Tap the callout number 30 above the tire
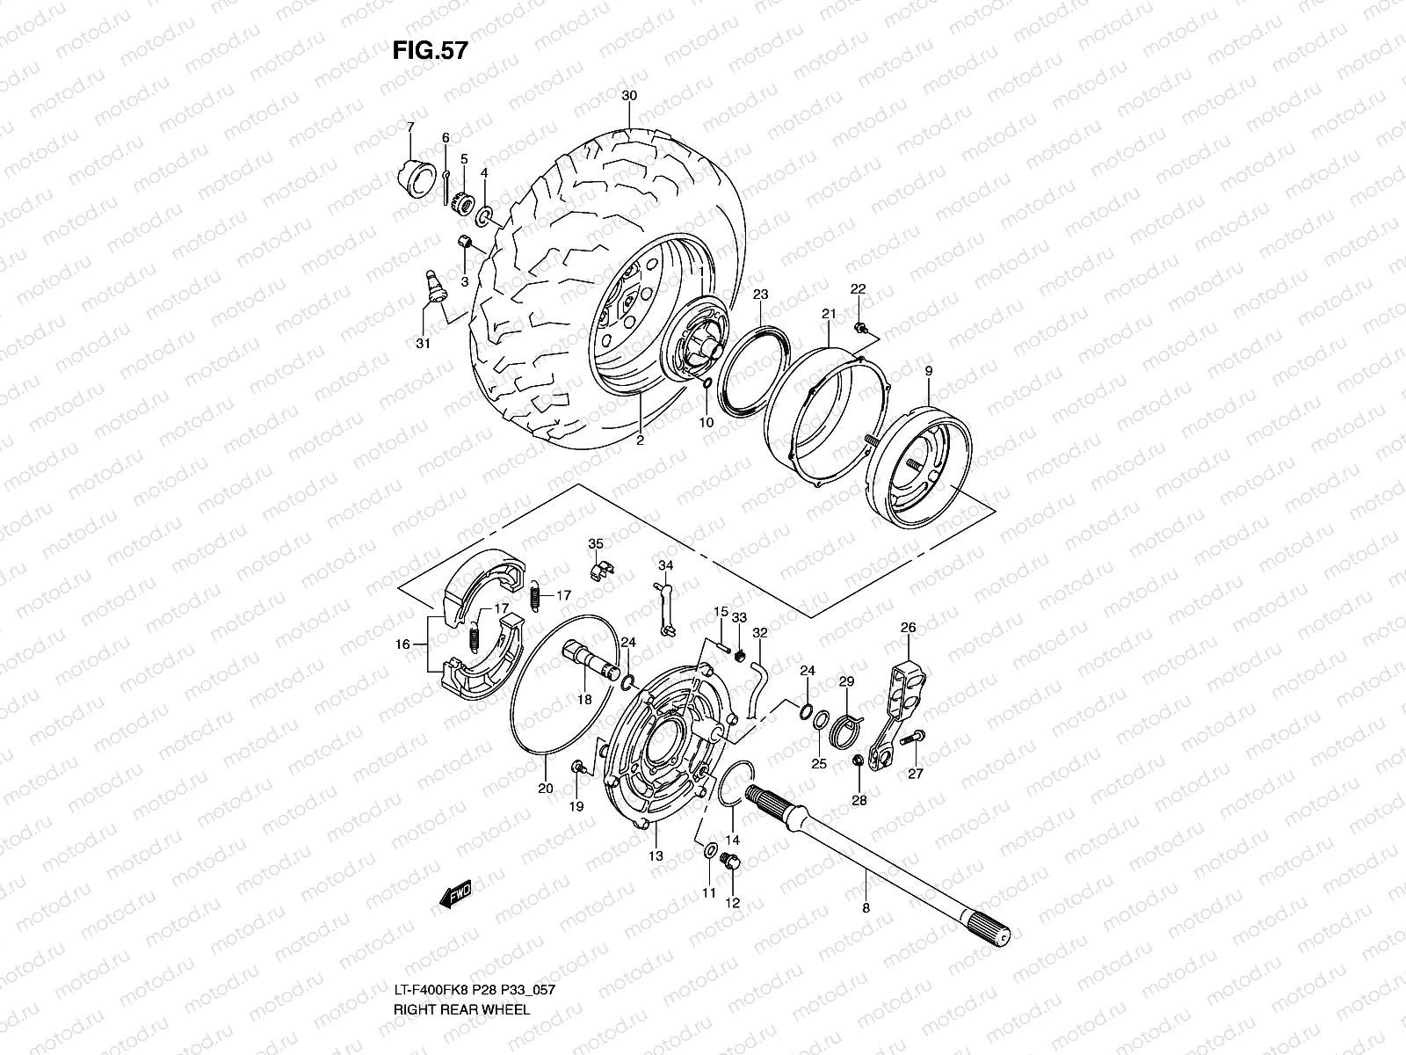pyautogui.click(x=628, y=96)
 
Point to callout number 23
pyautogui.click(x=761, y=294)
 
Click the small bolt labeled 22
pyautogui.click(x=860, y=328)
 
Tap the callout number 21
pyautogui.click(x=828, y=314)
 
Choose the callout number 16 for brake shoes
pyautogui.click(x=402, y=644)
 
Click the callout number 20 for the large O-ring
pyautogui.click(x=546, y=789)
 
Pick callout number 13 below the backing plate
pyautogui.click(x=656, y=855)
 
